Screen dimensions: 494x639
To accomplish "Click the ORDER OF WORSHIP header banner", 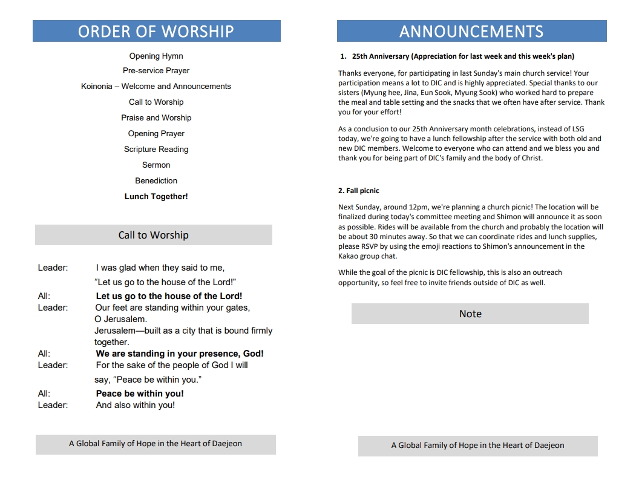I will (156, 31).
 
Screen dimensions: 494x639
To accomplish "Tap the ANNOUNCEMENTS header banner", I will (471, 31).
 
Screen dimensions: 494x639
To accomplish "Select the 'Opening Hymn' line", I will (156, 56).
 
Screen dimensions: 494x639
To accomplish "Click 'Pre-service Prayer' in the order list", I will (156, 71).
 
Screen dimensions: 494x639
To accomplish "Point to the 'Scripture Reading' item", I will (156, 149).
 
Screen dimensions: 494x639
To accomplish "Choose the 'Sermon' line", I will (156, 165).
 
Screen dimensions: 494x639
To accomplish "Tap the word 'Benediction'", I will (156, 180).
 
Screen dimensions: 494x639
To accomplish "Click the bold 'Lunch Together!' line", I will (156, 196).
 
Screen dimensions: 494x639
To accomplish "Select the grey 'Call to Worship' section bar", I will (153, 235).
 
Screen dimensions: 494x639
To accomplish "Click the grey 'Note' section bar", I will (470, 314).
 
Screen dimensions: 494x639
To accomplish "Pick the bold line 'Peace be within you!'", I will (140, 394).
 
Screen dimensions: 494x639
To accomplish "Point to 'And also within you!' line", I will (136, 405).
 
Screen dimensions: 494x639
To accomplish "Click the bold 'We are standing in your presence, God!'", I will (180, 354).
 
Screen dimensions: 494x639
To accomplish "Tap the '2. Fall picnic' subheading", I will (359, 191).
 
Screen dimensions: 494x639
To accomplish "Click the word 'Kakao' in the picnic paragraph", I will (349, 256).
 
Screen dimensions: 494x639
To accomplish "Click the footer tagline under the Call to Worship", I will (156, 444).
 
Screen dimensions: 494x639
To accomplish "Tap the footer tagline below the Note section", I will (477, 446).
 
